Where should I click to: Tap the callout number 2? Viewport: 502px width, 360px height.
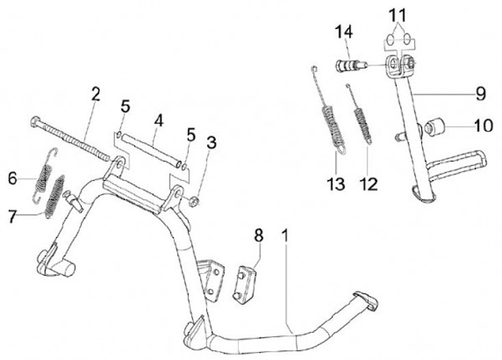pyautogui.click(x=96, y=94)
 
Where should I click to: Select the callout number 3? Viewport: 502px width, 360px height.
pyautogui.click(x=211, y=144)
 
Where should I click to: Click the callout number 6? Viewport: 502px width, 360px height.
pyautogui.click(x=12, y=179)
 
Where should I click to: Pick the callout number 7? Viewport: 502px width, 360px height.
pyautogui.click(x=12, y=216)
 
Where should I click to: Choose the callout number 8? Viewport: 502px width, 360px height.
pyautogui.click(x=259, y=235)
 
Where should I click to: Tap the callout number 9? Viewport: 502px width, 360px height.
pyautogui.click(x=480, y=92)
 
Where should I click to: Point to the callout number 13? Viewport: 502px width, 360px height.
pyautogui.click(x=337, y=184)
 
